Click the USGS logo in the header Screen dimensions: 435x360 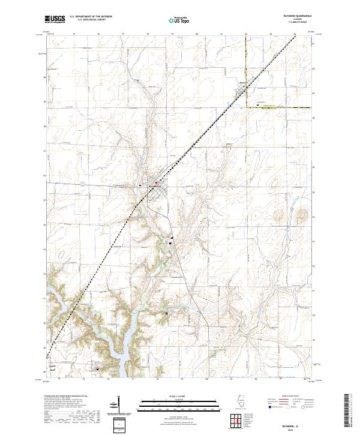(55, 20)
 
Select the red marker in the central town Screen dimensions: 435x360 (157, 182)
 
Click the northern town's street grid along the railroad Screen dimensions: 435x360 (243, 93)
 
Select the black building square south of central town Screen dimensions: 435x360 (170, 243)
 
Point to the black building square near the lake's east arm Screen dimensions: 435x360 (166, 313)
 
